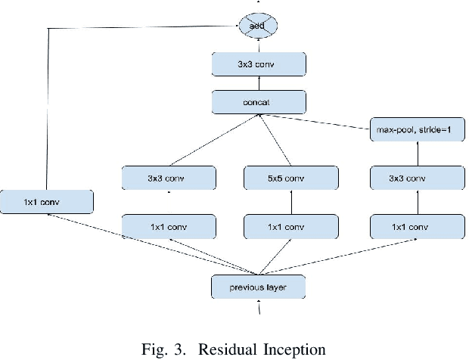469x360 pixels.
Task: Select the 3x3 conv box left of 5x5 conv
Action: [169, 178]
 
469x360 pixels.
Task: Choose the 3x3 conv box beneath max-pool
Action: [416, 178]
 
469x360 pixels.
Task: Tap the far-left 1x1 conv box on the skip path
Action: [47, 201]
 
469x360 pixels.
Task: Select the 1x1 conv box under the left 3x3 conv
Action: [169, 226]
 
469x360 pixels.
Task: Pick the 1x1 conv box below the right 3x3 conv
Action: [416, 226]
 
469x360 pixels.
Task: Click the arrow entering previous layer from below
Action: [259, 308]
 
